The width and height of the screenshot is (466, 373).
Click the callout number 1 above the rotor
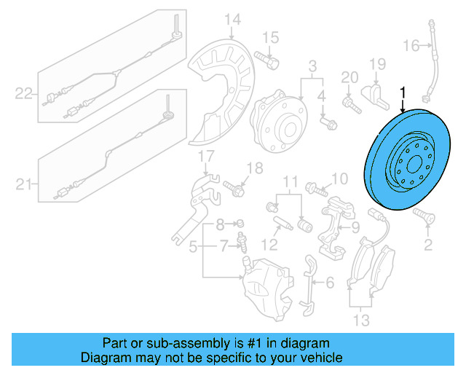pyautogui.click(x=403, y=93)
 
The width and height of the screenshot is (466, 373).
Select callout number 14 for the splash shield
pyautogui.click(x=232, y=20)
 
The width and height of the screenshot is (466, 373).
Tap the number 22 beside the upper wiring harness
pyautogui.click(x=24, y=93)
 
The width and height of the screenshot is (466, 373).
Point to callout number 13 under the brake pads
pyautogui.click(x=360, y=320)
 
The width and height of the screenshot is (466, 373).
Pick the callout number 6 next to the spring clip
pyautogui.click(x=328, y=282)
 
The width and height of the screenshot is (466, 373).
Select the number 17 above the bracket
pyautogui.click(x=206, y=155)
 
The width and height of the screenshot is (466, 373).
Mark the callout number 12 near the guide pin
pyautogui.click(x=270, y=243)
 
